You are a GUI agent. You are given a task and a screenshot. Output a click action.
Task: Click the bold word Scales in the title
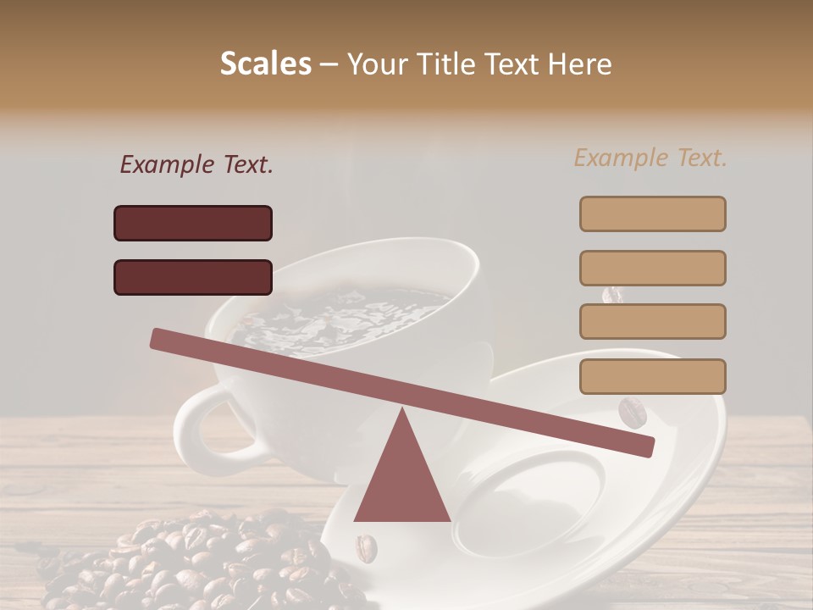(x=265, y=64)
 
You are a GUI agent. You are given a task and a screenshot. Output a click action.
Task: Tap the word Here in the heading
(x=580, y=64)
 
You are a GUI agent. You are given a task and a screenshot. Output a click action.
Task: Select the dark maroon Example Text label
(x=196, y=165)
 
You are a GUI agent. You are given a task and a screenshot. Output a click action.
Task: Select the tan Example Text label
(x=650, y=158)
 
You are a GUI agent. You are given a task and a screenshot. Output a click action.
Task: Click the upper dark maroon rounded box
(x=193, y=223)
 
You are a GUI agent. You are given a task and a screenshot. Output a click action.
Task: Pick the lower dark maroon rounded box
(x=193, y=277)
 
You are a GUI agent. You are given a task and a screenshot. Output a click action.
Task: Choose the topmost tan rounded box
(x=652, y=213)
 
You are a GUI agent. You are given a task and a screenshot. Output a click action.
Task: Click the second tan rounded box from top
(x=652, y=268)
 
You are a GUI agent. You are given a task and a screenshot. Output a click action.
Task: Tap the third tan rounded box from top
(x=652, y=321)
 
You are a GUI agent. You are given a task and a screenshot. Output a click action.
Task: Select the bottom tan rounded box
(x=652, y=376)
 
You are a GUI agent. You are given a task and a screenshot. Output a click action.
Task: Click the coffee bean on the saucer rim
(x=632, y=413)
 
